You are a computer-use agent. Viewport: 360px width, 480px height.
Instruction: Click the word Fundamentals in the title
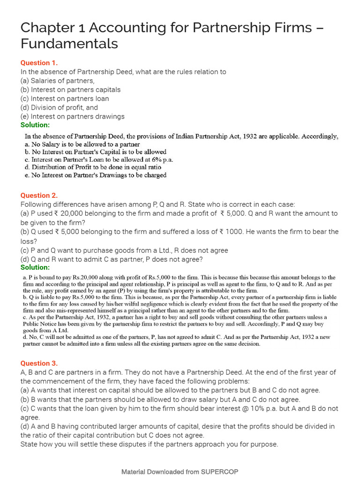[x=69, y=44]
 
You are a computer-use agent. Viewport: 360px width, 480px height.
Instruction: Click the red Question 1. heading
[x=39, y=63]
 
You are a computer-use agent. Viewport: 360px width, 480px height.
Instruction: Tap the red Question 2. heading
[x=39, y=195]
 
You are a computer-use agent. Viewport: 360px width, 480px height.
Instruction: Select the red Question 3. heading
[x=39, y=363]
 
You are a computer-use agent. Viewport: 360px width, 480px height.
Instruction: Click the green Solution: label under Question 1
[x=35, y=125]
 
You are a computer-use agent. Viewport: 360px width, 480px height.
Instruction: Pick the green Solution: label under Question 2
[x=35, y=267]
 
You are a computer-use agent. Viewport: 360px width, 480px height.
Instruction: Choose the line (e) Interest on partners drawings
[x=73, y=116]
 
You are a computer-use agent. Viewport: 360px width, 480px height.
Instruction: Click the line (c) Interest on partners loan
[x=65, y=98]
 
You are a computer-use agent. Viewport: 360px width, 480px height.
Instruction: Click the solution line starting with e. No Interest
[x=96, y=175]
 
